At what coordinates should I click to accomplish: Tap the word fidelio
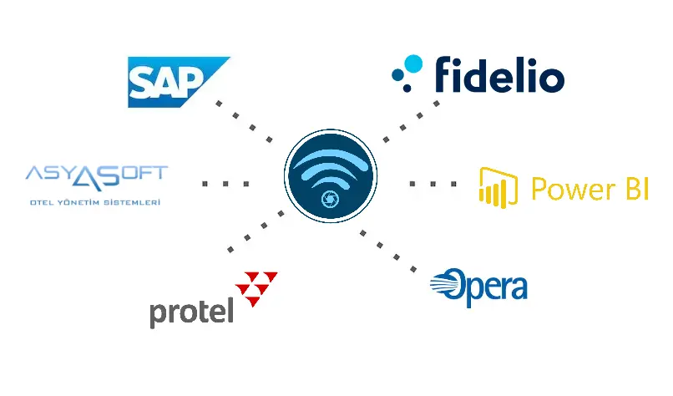(x=498, y=75)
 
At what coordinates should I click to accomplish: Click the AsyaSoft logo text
(x=96, y=175)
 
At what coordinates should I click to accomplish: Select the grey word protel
(x=190, y=312)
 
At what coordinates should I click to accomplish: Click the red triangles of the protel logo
(x=256, y=287)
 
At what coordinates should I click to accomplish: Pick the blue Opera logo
(x=478, y=287)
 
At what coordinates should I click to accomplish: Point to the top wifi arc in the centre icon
(x=331, y=155)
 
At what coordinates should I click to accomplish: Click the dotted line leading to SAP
(x=245, y=121)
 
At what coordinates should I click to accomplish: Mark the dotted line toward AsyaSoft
(x=225, y=183)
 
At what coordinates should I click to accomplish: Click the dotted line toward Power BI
(x=433, y=183)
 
